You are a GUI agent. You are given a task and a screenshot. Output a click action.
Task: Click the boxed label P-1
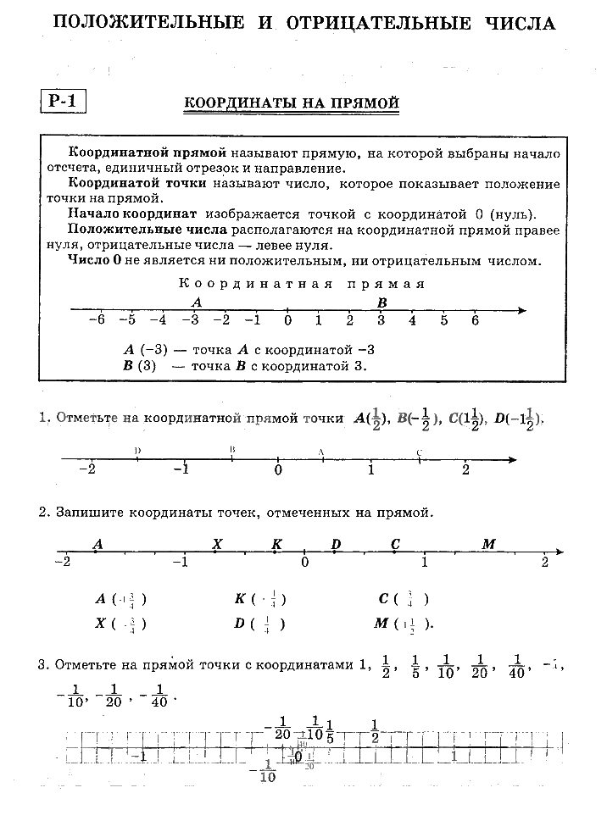coord(63,102)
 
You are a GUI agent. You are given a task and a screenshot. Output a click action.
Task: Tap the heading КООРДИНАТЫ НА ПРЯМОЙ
coord(292,103)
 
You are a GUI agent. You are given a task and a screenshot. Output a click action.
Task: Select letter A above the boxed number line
coord(197,302)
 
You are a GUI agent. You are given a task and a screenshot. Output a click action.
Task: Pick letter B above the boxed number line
coord(382,302)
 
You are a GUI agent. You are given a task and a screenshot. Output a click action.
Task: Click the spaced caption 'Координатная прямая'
coord(302,284)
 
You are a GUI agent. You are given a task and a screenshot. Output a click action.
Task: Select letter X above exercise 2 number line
coord(217,544)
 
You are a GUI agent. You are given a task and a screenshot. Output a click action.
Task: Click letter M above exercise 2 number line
coord(488,544)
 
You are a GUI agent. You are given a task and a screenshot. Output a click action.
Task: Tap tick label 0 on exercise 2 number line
coord(304,563)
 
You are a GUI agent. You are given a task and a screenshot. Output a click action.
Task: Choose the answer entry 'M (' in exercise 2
coord(383,624)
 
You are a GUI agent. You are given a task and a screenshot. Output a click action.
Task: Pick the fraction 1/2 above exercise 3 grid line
coord(374,729)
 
